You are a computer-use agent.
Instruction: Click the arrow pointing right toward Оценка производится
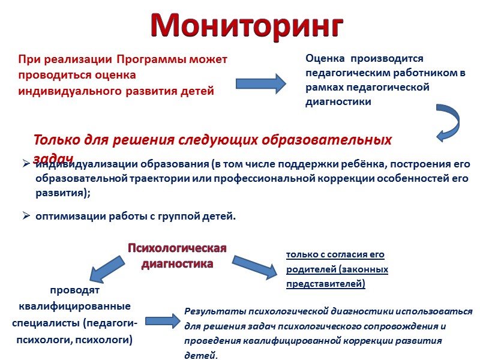260,83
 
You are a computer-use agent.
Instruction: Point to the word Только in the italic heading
52,140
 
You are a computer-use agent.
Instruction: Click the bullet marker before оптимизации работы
26,216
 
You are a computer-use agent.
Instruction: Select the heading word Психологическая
178,249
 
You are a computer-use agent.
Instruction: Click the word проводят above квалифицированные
75,292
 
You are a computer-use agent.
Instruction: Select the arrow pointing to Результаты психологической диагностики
163,322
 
